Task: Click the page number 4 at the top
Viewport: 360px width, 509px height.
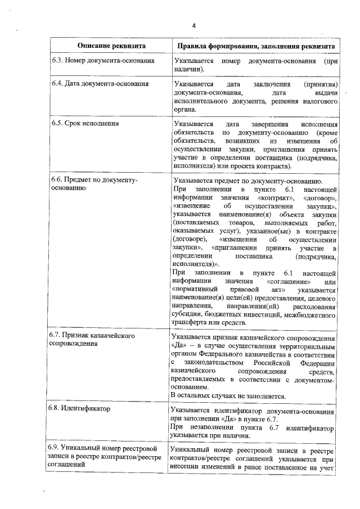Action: point(194,26)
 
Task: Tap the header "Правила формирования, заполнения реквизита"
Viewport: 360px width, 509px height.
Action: point(256,45)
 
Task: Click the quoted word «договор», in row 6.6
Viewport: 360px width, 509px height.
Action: point(320,199)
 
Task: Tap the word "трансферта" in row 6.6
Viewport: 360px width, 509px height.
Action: point(192,324)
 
